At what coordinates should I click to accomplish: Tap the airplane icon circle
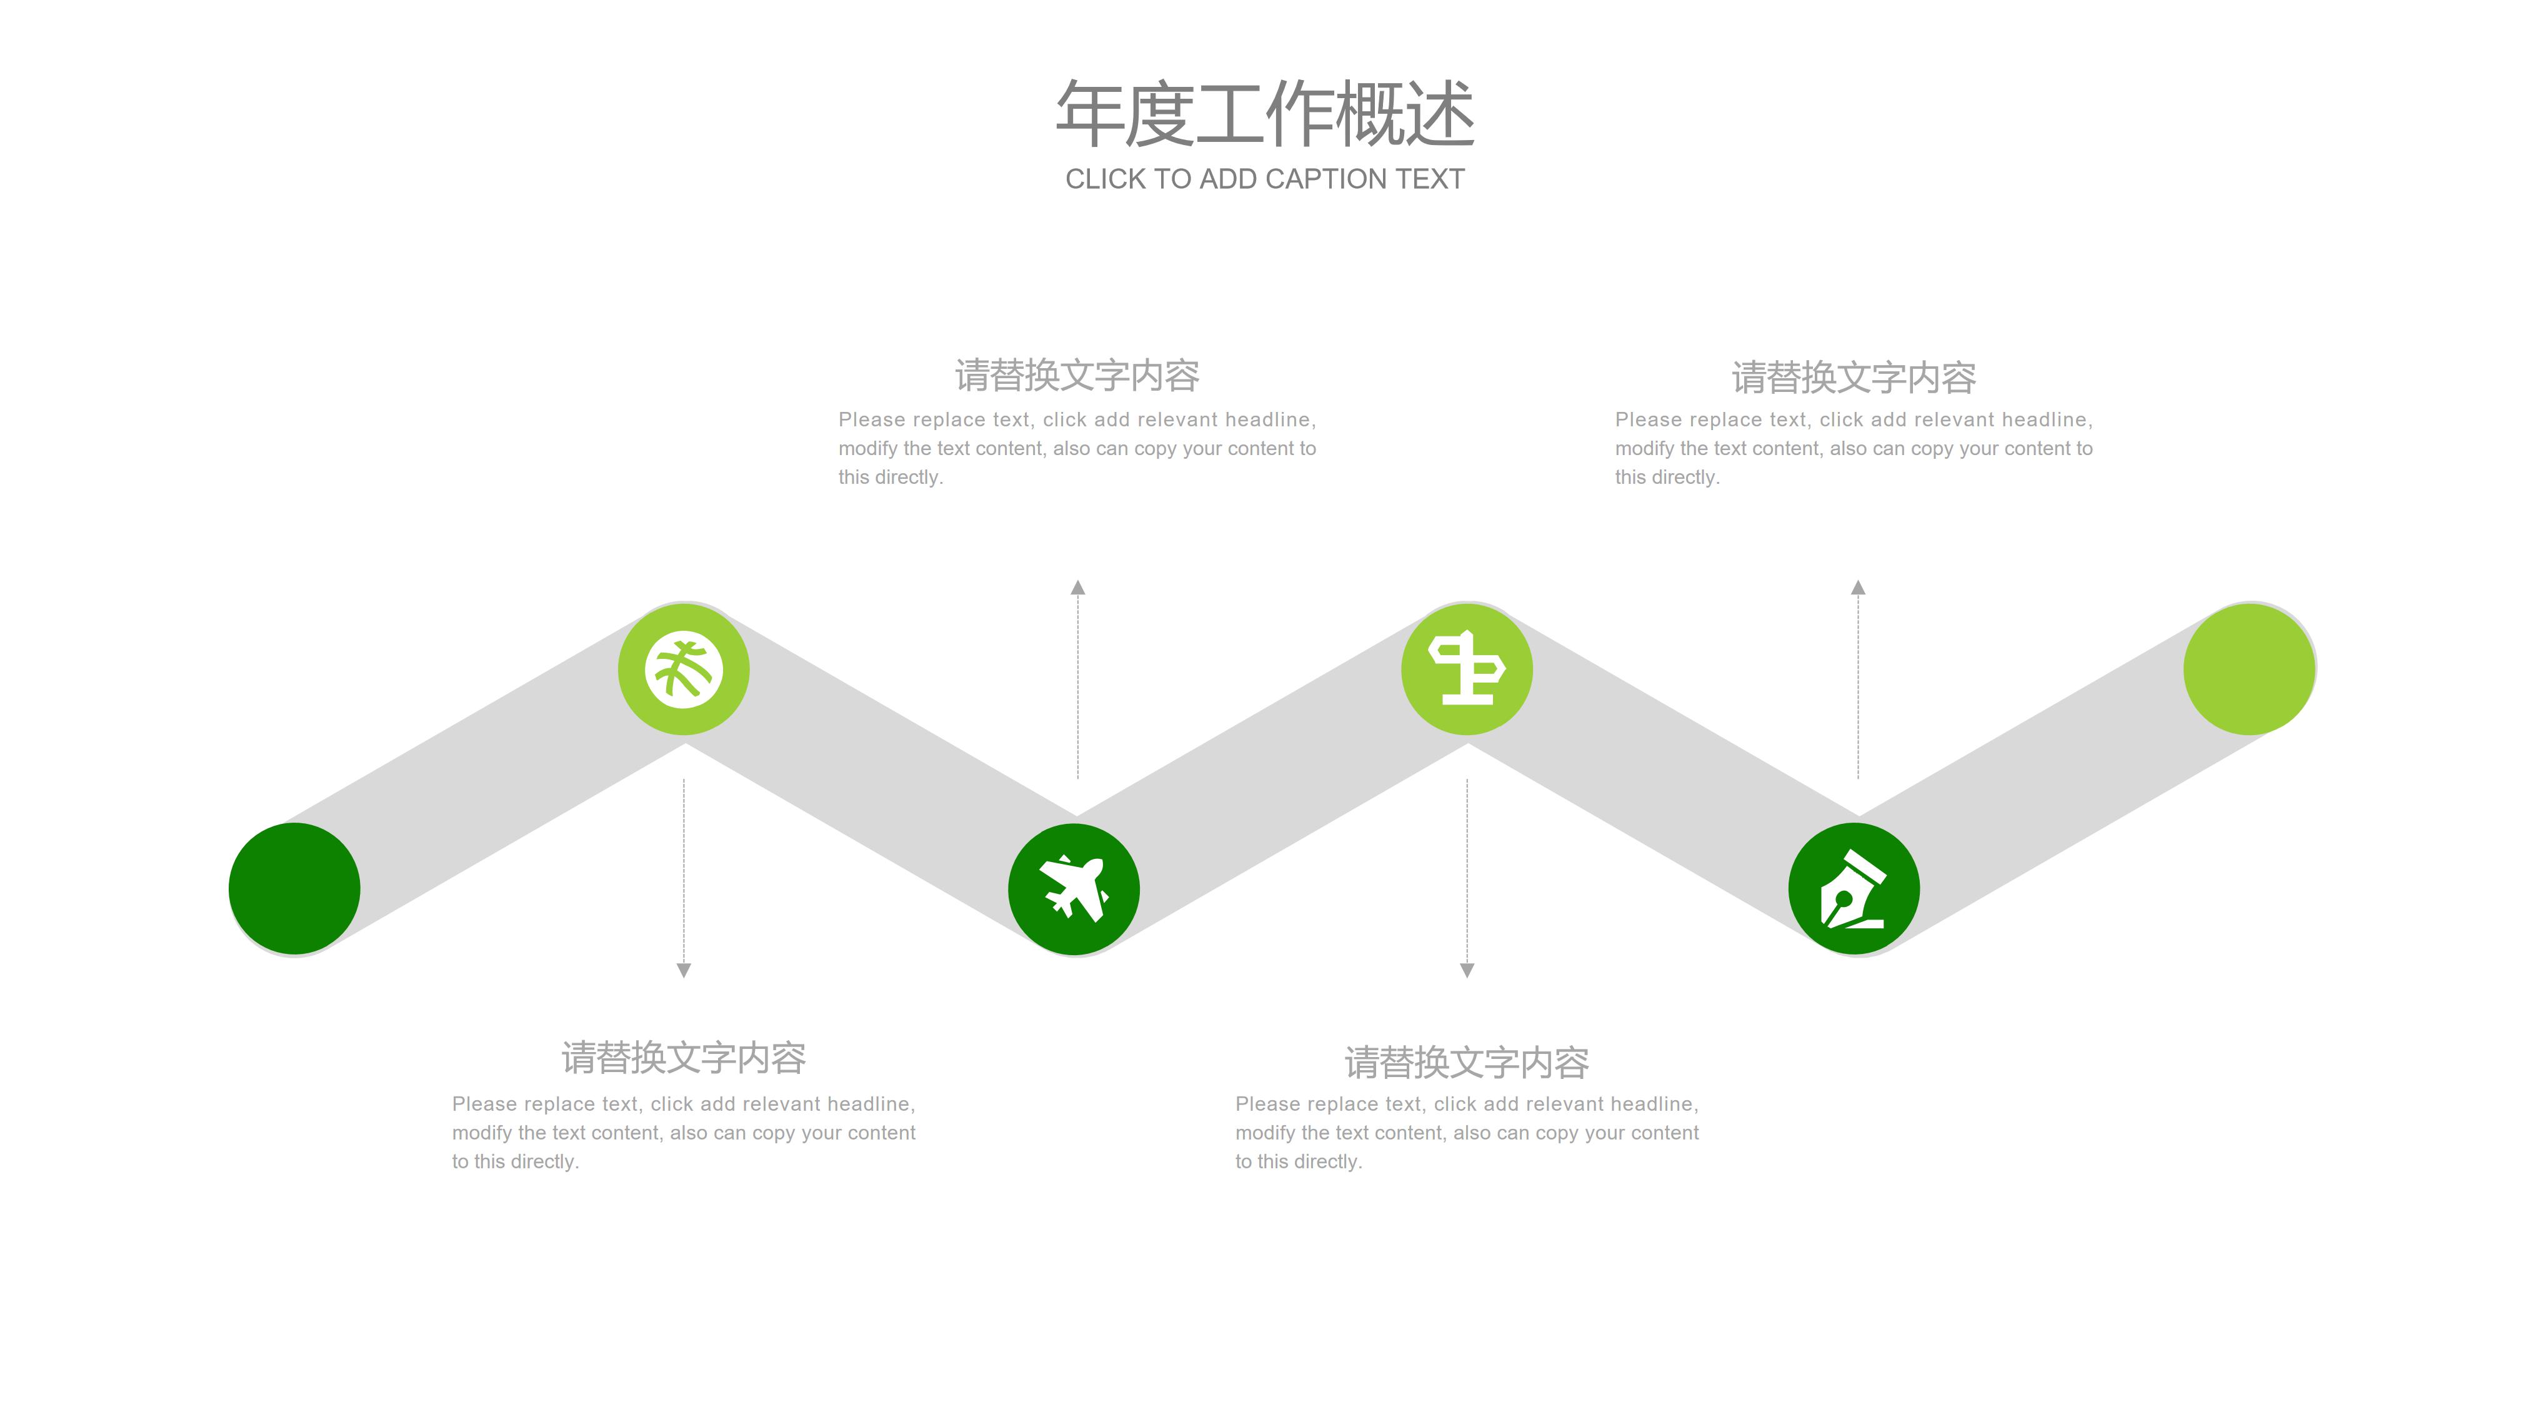pyautogui.click(x=1074, y=890)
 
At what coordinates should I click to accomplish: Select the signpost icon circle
pyautogui.click(x=1466, y=669)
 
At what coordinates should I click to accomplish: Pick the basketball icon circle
pyautogui.click(x=684, y=669)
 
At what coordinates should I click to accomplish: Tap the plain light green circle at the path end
pyautogui.click(x=2249, y=669)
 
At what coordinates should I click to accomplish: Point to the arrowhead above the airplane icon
pyautogui.click(x=1078, y=588)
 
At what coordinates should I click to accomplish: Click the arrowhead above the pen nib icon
pyautogui.click(x=1858, y=588)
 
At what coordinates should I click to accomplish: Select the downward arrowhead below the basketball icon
pyautogui.click(x=684, y=971)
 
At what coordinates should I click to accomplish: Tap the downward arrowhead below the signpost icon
pyautogui.click(x=1467, y=971)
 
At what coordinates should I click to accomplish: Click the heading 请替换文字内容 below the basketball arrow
pyautogui.click(x=684, y=1058)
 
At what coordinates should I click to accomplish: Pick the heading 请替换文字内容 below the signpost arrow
pyautogui.click(x=1467, y=1062)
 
